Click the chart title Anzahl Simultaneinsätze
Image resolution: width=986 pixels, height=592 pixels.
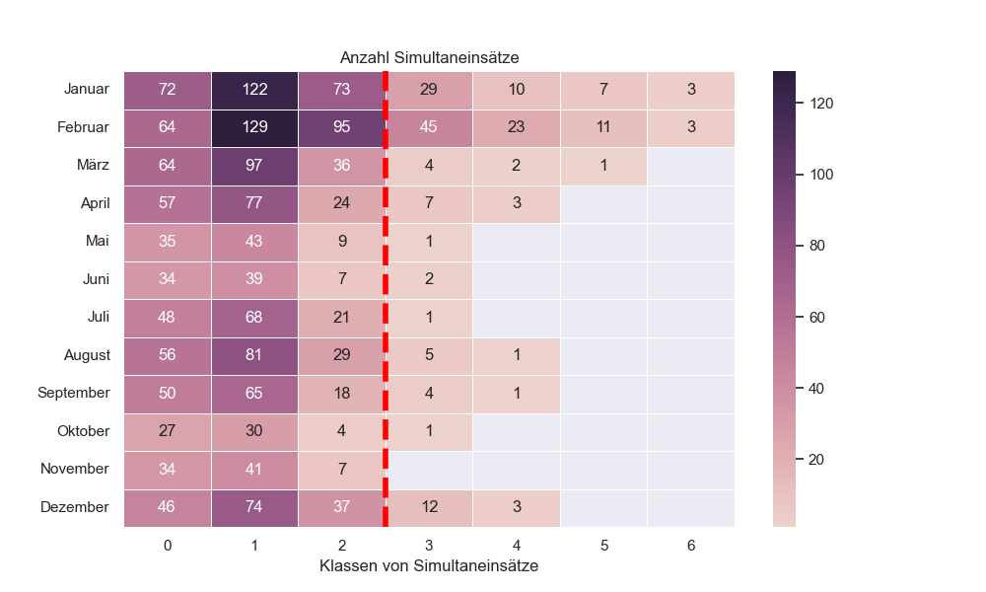(429, 58)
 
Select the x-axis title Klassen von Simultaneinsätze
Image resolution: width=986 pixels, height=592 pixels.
(429, 566)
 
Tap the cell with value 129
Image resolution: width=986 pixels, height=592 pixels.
(254, 127)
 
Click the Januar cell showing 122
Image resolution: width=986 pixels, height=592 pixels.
(254, 90)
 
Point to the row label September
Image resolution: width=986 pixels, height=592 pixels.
(74, 393)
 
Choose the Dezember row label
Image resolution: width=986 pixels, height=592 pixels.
(75, 507)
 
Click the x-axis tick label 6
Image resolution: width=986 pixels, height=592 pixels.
(690, 544)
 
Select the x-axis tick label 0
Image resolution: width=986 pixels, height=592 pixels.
(168, 544)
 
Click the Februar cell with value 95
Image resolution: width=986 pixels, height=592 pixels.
(341, 127)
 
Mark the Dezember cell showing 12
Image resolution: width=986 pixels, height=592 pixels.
(429, 507)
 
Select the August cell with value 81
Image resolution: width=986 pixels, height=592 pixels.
(254, 355)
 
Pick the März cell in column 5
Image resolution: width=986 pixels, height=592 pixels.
(603, 166)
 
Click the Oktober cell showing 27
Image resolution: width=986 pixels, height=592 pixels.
(168, 431)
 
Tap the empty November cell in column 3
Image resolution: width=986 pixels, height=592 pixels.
(429, 469)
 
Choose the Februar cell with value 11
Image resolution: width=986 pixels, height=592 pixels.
(603, 127)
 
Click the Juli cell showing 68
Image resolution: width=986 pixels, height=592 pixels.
(254, 317)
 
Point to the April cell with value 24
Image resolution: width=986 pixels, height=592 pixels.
(341, 203)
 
